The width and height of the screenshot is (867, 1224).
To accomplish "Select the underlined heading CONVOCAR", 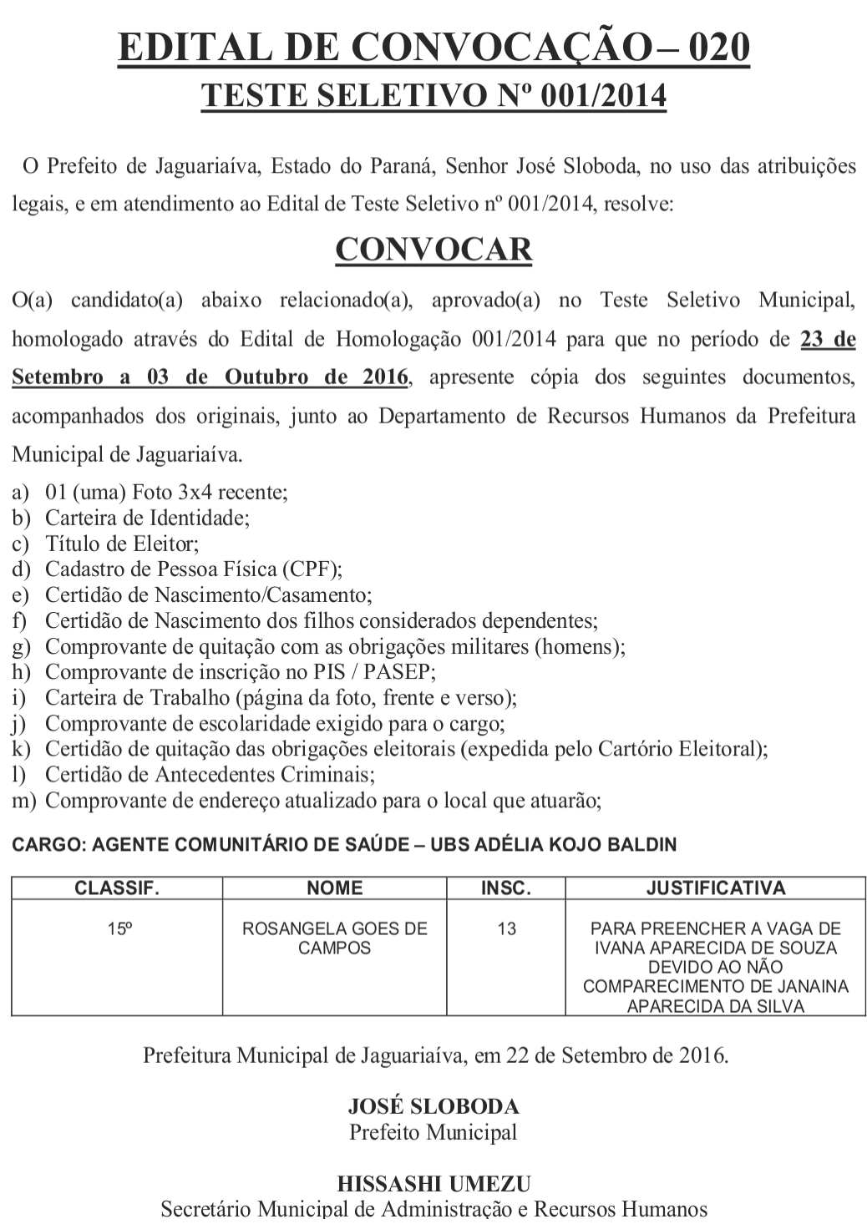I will [433, 250].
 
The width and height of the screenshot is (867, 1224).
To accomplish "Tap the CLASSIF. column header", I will [117, 888].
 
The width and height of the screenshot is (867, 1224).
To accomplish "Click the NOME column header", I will [335, 888].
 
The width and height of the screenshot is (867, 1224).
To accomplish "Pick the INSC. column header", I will [506, 888].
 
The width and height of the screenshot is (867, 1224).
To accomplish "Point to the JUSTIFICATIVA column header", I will [716, 888].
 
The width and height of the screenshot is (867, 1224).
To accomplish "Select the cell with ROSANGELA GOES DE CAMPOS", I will [335, 938].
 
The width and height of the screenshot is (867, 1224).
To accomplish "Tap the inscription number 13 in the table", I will [506, 928].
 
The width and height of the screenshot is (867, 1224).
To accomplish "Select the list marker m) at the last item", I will [23, 802].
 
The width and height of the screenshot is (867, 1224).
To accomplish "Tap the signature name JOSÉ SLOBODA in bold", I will [433, 1107].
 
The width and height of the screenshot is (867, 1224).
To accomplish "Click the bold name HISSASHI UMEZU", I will [433, 1184].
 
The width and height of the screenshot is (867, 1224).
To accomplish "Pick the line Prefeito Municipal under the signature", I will [433, 1133].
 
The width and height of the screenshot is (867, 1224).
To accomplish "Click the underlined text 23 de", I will [828, 339].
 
